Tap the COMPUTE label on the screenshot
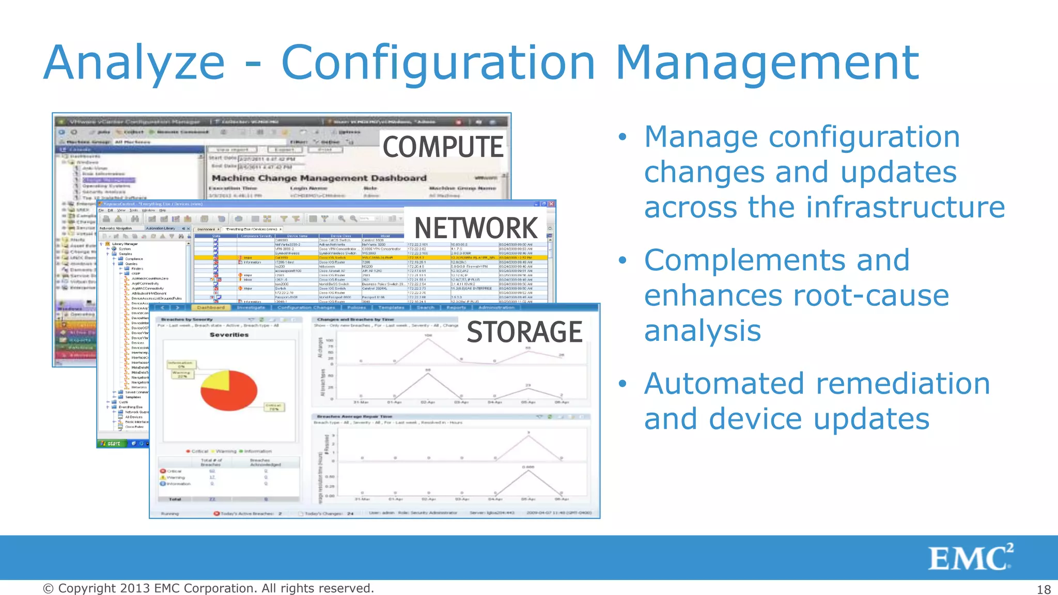pos(443,147)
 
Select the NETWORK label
pos(476,228)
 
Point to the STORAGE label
pos(524,332)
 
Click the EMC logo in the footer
pos(970,558)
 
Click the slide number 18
pos(1044,589)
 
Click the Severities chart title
pos(229,335)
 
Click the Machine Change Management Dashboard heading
pos(319,178)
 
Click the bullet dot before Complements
pos(623,260)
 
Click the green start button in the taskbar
pos(111,443)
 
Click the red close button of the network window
pos(551,204)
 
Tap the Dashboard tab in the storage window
pos(211,307)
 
